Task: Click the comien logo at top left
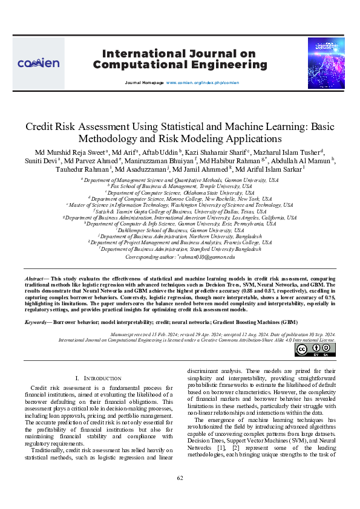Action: tap(38, 63)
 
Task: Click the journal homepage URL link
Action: tap(197, 81)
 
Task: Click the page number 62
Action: tap(180, 479)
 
